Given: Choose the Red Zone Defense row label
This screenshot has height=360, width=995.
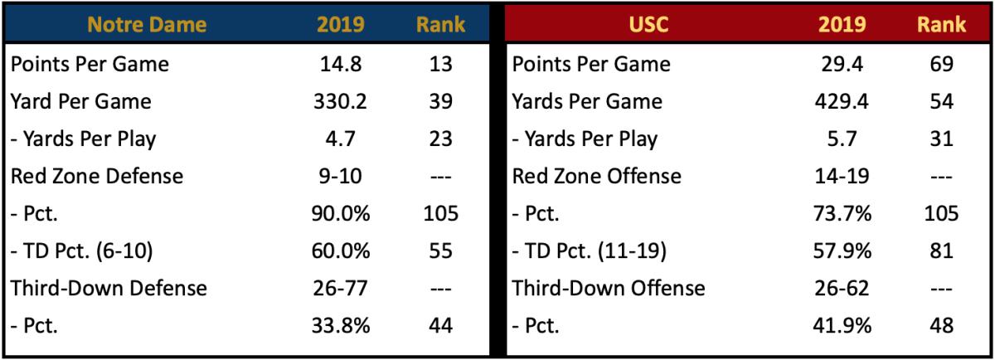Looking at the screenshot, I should pyautogui.click(x=97, y=177).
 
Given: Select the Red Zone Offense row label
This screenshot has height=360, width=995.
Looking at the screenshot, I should pyautogui.click(x=598, y=177).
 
